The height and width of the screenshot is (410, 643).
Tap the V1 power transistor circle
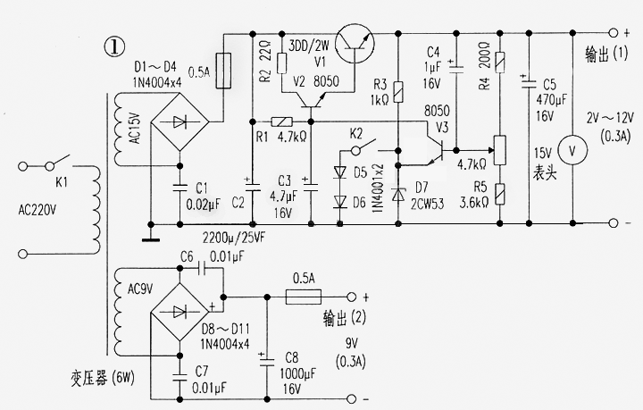[x=355, y=43]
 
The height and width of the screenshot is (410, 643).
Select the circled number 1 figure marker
[x=114, y=46]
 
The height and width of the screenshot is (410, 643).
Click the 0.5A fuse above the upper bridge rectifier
[x=223, y=71]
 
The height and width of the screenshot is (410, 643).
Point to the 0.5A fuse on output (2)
[x=303, y=297]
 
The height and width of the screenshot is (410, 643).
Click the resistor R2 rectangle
[x=281, y=63]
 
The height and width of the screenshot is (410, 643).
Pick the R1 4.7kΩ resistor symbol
[x=281, y=121]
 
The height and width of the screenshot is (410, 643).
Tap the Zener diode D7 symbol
[x=397, y=194]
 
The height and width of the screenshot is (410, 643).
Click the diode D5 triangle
[x=340, y=172]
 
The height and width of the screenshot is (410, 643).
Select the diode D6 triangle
[x=340, y=202]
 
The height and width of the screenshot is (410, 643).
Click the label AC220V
[x=38, y=210]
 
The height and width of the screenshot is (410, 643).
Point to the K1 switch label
[x=61, y=182]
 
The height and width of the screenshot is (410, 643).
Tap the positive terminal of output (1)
[x=613, y=33]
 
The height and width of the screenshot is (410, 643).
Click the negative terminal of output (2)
[x=352, y=398]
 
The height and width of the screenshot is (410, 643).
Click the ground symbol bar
[x=151, y=239]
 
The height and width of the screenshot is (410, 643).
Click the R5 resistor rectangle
[x=500, y=195]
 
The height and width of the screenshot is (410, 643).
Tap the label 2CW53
[x=428, y=205]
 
